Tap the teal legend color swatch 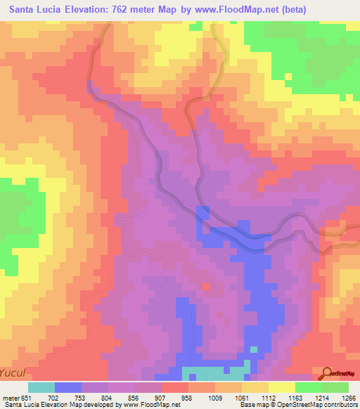41,387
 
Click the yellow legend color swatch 281,387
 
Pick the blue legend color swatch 68,387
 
